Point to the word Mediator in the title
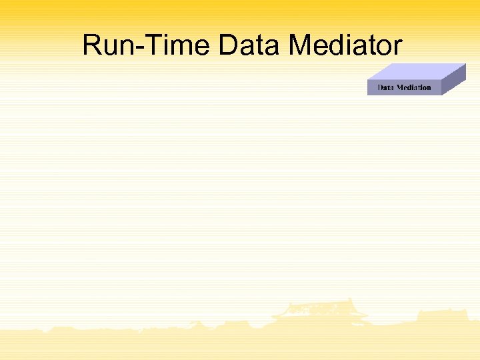coord(345,46)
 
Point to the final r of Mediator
coord(398,48)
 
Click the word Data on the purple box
coord(385,87)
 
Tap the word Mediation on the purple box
coord(414,87)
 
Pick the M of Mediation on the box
coord(401,87)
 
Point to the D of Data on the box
coord(380,87)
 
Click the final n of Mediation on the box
coord(429,88)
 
